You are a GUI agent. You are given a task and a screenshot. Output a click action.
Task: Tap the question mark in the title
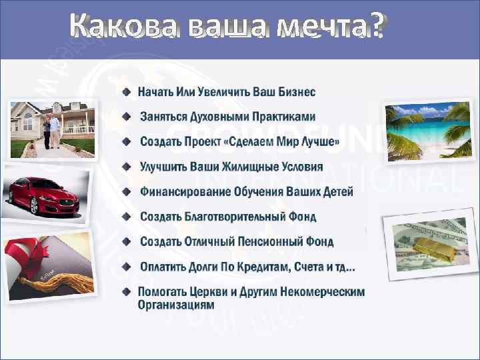[378, 27]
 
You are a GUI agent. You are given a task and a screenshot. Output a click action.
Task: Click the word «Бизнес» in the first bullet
[292, 91]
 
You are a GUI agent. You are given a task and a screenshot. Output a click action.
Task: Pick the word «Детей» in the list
[336, 192]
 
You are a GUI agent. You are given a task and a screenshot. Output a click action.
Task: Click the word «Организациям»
[176, 305]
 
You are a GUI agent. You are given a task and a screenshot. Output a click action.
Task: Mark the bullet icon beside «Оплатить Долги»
[127, 267]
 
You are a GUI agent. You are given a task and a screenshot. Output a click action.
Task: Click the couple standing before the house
[51, 130]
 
